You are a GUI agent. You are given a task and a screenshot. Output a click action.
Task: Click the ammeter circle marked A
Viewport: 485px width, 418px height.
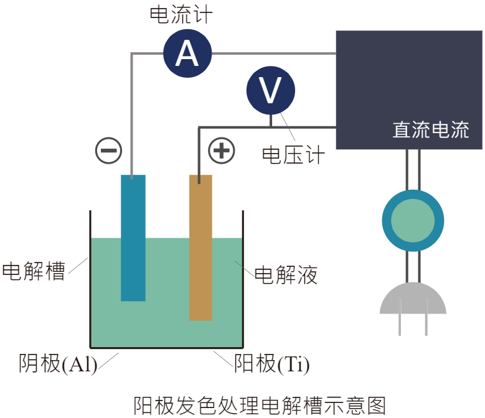pyautogui.click(x=187, y=53)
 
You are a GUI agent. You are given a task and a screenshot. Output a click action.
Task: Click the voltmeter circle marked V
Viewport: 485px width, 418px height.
pyautogui.click(x=271, y=90)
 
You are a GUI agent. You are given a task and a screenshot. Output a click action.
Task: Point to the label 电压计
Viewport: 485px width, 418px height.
pyautogui.click(x=293, y=154)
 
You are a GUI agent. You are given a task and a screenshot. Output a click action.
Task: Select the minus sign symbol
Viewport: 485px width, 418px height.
pyautogui.click(x=108, y=151)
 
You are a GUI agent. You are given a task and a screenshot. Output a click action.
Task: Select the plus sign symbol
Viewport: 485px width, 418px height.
pyautogui.click(x=222, y=151)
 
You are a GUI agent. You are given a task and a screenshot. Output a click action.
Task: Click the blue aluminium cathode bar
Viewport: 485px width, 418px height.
pyautogui.click(x=133, y=238)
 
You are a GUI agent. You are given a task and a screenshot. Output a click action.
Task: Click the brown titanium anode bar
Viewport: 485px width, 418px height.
pyautogui.click(x=200, y=248)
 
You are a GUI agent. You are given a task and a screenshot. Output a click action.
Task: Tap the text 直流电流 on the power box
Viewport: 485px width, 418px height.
pyautogui.click(x=431, y=129)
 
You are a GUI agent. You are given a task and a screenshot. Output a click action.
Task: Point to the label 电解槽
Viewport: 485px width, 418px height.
pyautogui.click(x=34, y=271)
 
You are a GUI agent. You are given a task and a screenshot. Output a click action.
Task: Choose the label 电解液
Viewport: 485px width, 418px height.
pyautogui.click(x=286, y=274)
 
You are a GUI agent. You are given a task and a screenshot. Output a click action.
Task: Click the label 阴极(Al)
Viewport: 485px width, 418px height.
pyautogui.click(x=58, y=364)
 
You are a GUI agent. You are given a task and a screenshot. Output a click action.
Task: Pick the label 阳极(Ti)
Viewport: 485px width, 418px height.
pyautogui.click(x=272, y=364)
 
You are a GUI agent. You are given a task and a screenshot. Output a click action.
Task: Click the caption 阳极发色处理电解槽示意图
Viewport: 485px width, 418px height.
pyautogui.click(x=260, y=406)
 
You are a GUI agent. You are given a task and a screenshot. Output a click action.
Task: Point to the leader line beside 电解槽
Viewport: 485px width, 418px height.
pyautogui.click(x=78, y=266)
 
